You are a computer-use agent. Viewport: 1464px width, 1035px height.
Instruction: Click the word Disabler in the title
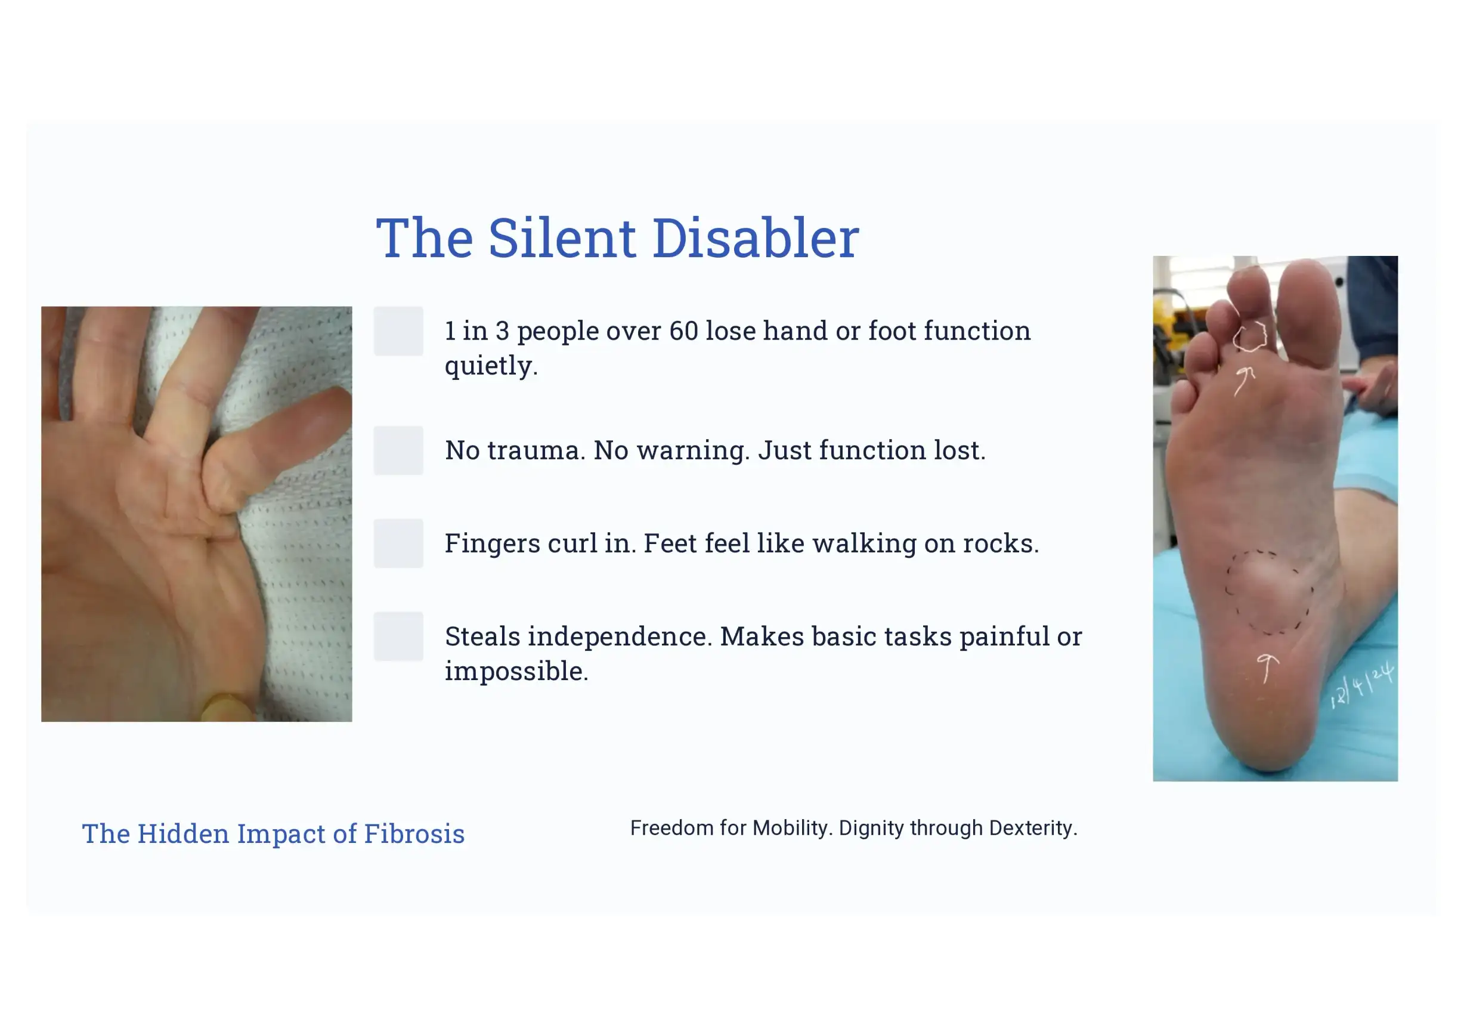point(756,238)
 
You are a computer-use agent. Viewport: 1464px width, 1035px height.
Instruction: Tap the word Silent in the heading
point(562,238)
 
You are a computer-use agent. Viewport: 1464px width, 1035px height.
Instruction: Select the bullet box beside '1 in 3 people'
point(398,331)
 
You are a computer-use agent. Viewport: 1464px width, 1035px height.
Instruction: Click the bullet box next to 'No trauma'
point(398,450)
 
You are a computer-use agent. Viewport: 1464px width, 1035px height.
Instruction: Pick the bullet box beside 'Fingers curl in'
point(398,543)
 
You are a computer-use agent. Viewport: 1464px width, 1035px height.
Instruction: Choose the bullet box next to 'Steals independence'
point(398,637)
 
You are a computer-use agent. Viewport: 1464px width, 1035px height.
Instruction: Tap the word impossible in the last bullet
point(516,672)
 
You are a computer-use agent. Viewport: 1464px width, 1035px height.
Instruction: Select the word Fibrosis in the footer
point(414,833)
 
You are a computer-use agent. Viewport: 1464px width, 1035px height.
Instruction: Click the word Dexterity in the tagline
point(1033,828)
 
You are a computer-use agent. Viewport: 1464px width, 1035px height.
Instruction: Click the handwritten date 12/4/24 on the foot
point(1362,686)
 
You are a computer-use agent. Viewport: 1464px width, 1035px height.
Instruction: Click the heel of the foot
point(1269,733)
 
